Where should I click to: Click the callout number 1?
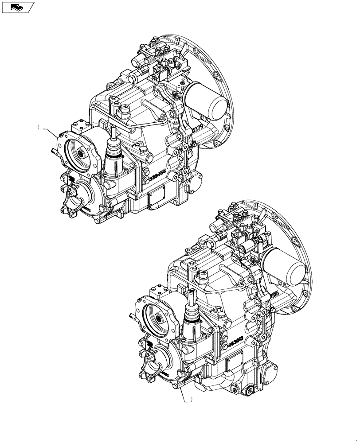point(39,127)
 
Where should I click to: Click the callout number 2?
point(191,400)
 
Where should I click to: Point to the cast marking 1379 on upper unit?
point(199,129)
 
